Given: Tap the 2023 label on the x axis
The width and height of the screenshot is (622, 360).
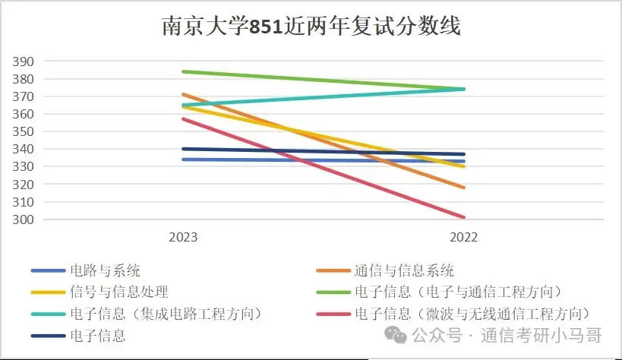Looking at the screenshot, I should pyautogui.click(x=183, y=237).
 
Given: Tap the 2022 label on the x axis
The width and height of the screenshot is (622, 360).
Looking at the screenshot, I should pyautogui.click(x=464, y=237).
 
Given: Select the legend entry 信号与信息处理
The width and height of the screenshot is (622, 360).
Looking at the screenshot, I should pyautogui.click(x=118, y=292).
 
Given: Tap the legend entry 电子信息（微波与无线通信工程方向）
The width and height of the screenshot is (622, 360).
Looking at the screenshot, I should pyautogui.click(x=472, y=314).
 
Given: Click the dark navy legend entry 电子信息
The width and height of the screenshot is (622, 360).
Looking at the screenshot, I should pyautogui.click(x=97, y=336).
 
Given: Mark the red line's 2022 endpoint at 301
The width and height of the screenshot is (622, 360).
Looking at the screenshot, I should pyautogui.click(x=464, y=217).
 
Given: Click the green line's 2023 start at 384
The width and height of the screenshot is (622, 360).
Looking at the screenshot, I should pyautogui.click(x=183, y=71).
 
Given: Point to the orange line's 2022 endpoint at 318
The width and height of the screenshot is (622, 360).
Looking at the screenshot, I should pyautogui.click(x=464, y=188).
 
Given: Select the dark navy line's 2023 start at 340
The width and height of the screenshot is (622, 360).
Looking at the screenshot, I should pyautogui.click(x=183, y=149).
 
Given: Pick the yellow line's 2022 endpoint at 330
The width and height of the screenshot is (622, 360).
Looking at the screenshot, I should pyautogui.click(x=464, y=166).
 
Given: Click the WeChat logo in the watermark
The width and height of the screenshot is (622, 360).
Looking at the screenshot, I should pyautogui.click(x=395, y=334).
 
